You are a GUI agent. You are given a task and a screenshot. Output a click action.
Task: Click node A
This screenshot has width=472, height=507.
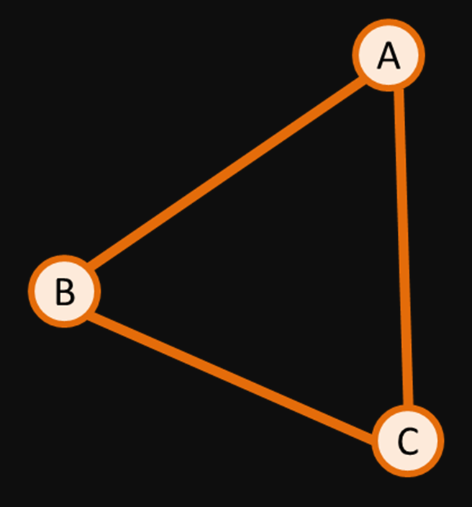click(x=389, y=55)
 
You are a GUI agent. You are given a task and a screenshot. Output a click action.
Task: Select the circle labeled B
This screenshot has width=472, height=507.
click(x=64, y=290)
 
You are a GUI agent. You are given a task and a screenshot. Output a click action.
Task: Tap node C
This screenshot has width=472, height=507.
click(x=408, y=440)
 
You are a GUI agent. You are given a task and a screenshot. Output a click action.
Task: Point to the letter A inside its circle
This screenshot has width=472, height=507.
click(x=389, y=55)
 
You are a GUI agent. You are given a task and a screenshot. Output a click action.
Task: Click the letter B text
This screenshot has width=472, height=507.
click(x=64, y=292)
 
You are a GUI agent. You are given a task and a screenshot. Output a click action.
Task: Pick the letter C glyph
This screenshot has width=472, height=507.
click(x=408, y=441)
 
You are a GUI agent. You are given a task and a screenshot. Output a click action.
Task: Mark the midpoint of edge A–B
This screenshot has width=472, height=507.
click(x=226, y=173)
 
